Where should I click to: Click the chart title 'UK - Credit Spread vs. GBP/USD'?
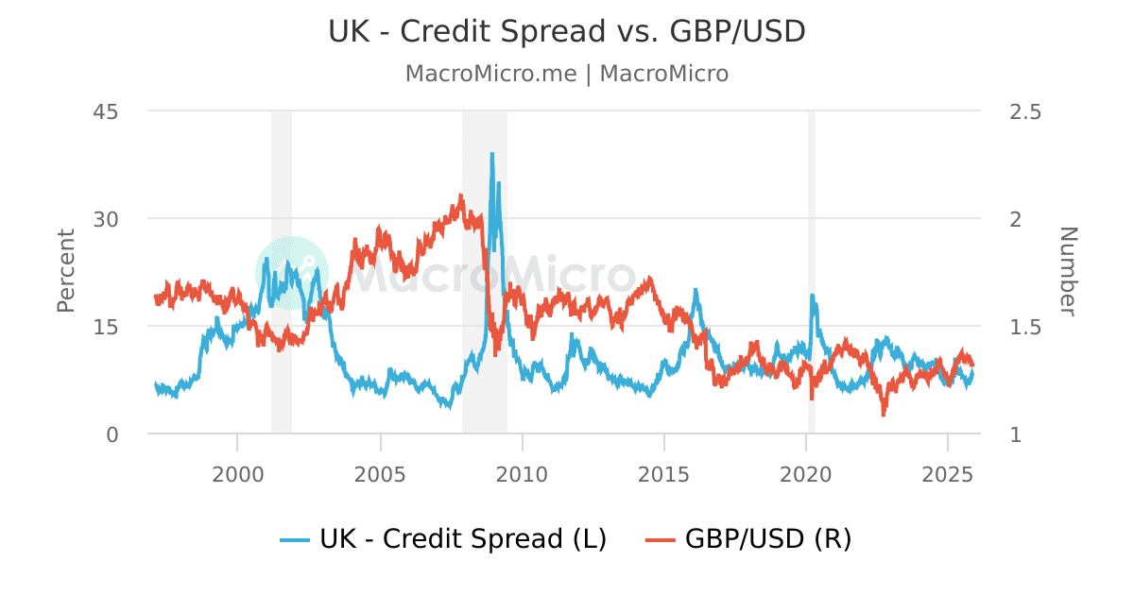(567, 31)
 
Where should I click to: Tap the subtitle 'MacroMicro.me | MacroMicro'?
(567, 74)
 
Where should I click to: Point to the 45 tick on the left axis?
(105, 111)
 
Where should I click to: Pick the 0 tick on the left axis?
(112, 434)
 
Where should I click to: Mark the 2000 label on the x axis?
(237, 472)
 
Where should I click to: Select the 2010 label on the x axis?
(522, 472)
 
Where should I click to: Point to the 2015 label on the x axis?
(664, 472)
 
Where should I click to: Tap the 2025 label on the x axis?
(949, 472)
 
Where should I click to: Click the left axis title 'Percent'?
(66, 270)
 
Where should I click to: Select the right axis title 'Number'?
(1067, 270)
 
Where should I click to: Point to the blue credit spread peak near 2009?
(492, 154)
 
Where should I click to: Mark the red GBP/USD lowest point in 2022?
(884, 414)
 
